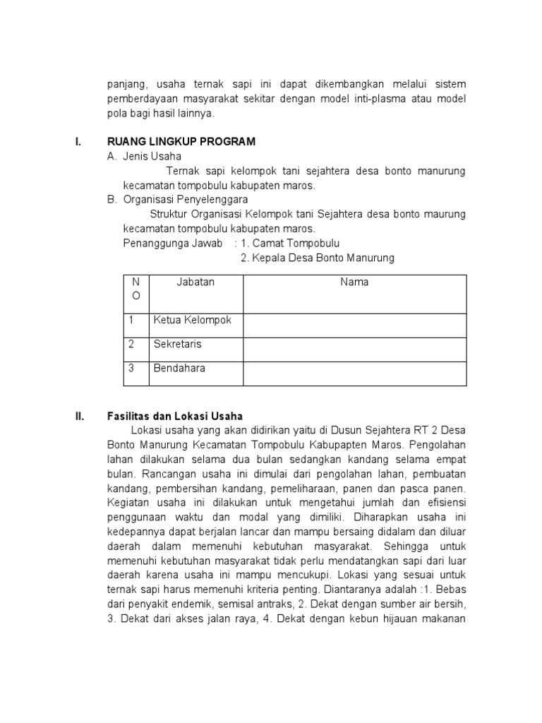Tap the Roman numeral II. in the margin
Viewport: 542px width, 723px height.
[80, 416]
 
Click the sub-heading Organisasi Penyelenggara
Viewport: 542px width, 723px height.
[181, 200]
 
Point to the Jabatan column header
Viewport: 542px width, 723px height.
[195, 282]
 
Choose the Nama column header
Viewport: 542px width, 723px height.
[354, 282]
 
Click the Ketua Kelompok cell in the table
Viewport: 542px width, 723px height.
[193, 321]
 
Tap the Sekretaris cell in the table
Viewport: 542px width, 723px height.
[178, 345]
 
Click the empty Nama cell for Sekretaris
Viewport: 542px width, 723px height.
[354, 349]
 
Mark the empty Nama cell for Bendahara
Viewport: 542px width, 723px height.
[354, 373]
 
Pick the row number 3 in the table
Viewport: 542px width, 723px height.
[131, 369]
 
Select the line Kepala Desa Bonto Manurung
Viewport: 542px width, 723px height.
[318, 258]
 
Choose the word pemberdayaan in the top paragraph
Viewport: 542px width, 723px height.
[140, 99]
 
